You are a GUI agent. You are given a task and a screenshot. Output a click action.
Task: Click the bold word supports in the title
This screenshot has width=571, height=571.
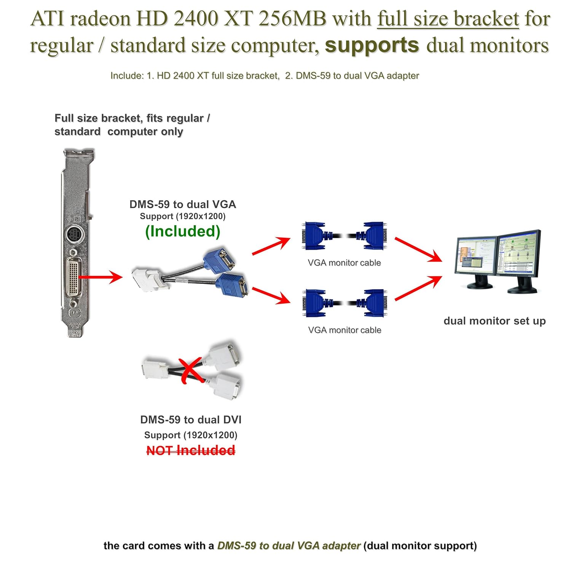point(372,46)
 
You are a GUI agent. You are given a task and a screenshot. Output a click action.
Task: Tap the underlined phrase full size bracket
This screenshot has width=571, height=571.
point(448,19)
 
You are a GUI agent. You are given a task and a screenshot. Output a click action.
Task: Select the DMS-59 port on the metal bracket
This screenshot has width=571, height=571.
point(74,277)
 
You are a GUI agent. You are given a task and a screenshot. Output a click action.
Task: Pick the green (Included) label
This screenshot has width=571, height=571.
point(183,231)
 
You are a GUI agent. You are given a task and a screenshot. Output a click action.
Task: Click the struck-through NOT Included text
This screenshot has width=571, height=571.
point(191,451)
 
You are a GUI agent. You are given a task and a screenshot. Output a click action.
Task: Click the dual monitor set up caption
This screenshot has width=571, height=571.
point(494,321)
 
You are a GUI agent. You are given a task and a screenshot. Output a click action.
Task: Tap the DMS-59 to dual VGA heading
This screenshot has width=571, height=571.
point(183,204)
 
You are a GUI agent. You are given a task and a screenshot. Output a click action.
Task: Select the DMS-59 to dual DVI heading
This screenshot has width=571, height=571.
point(191,420)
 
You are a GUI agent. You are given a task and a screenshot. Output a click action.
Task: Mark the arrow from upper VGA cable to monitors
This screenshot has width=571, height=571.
point(418,249)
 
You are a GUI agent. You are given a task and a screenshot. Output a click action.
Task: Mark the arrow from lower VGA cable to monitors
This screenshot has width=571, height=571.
point(418,288)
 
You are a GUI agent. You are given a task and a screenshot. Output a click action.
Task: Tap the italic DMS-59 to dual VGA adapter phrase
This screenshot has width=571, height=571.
point(289,546)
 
